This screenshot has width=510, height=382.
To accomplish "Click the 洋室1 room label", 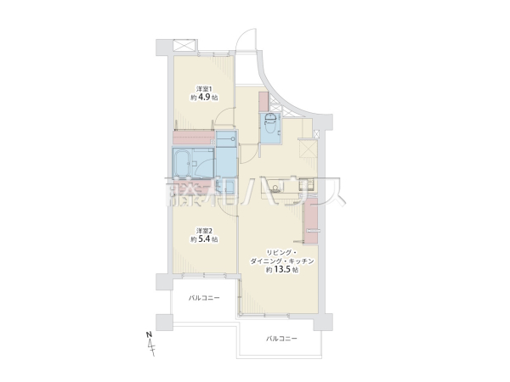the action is (204, 88).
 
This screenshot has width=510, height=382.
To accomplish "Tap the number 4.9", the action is (204, 97).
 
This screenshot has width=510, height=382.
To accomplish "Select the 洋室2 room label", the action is (204, 231).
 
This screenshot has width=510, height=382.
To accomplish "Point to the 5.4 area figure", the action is (204, 239).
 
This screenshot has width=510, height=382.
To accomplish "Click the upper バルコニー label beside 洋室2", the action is (204, 298).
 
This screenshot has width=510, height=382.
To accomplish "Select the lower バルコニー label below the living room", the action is (281, 339).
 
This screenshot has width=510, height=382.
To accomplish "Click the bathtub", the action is (182, 163).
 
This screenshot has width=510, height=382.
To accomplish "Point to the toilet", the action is (270, 123).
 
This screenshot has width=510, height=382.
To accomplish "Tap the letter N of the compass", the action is (149, 334).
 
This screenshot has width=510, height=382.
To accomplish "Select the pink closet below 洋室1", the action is (193, 137).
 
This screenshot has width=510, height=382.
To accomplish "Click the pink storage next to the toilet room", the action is (263, 101).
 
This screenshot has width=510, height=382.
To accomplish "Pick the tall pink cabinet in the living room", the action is (311, 221).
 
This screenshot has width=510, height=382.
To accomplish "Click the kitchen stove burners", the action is (309, 184).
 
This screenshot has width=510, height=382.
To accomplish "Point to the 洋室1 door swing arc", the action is (224, 116).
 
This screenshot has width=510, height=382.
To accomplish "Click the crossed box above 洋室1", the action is (184, 45).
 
